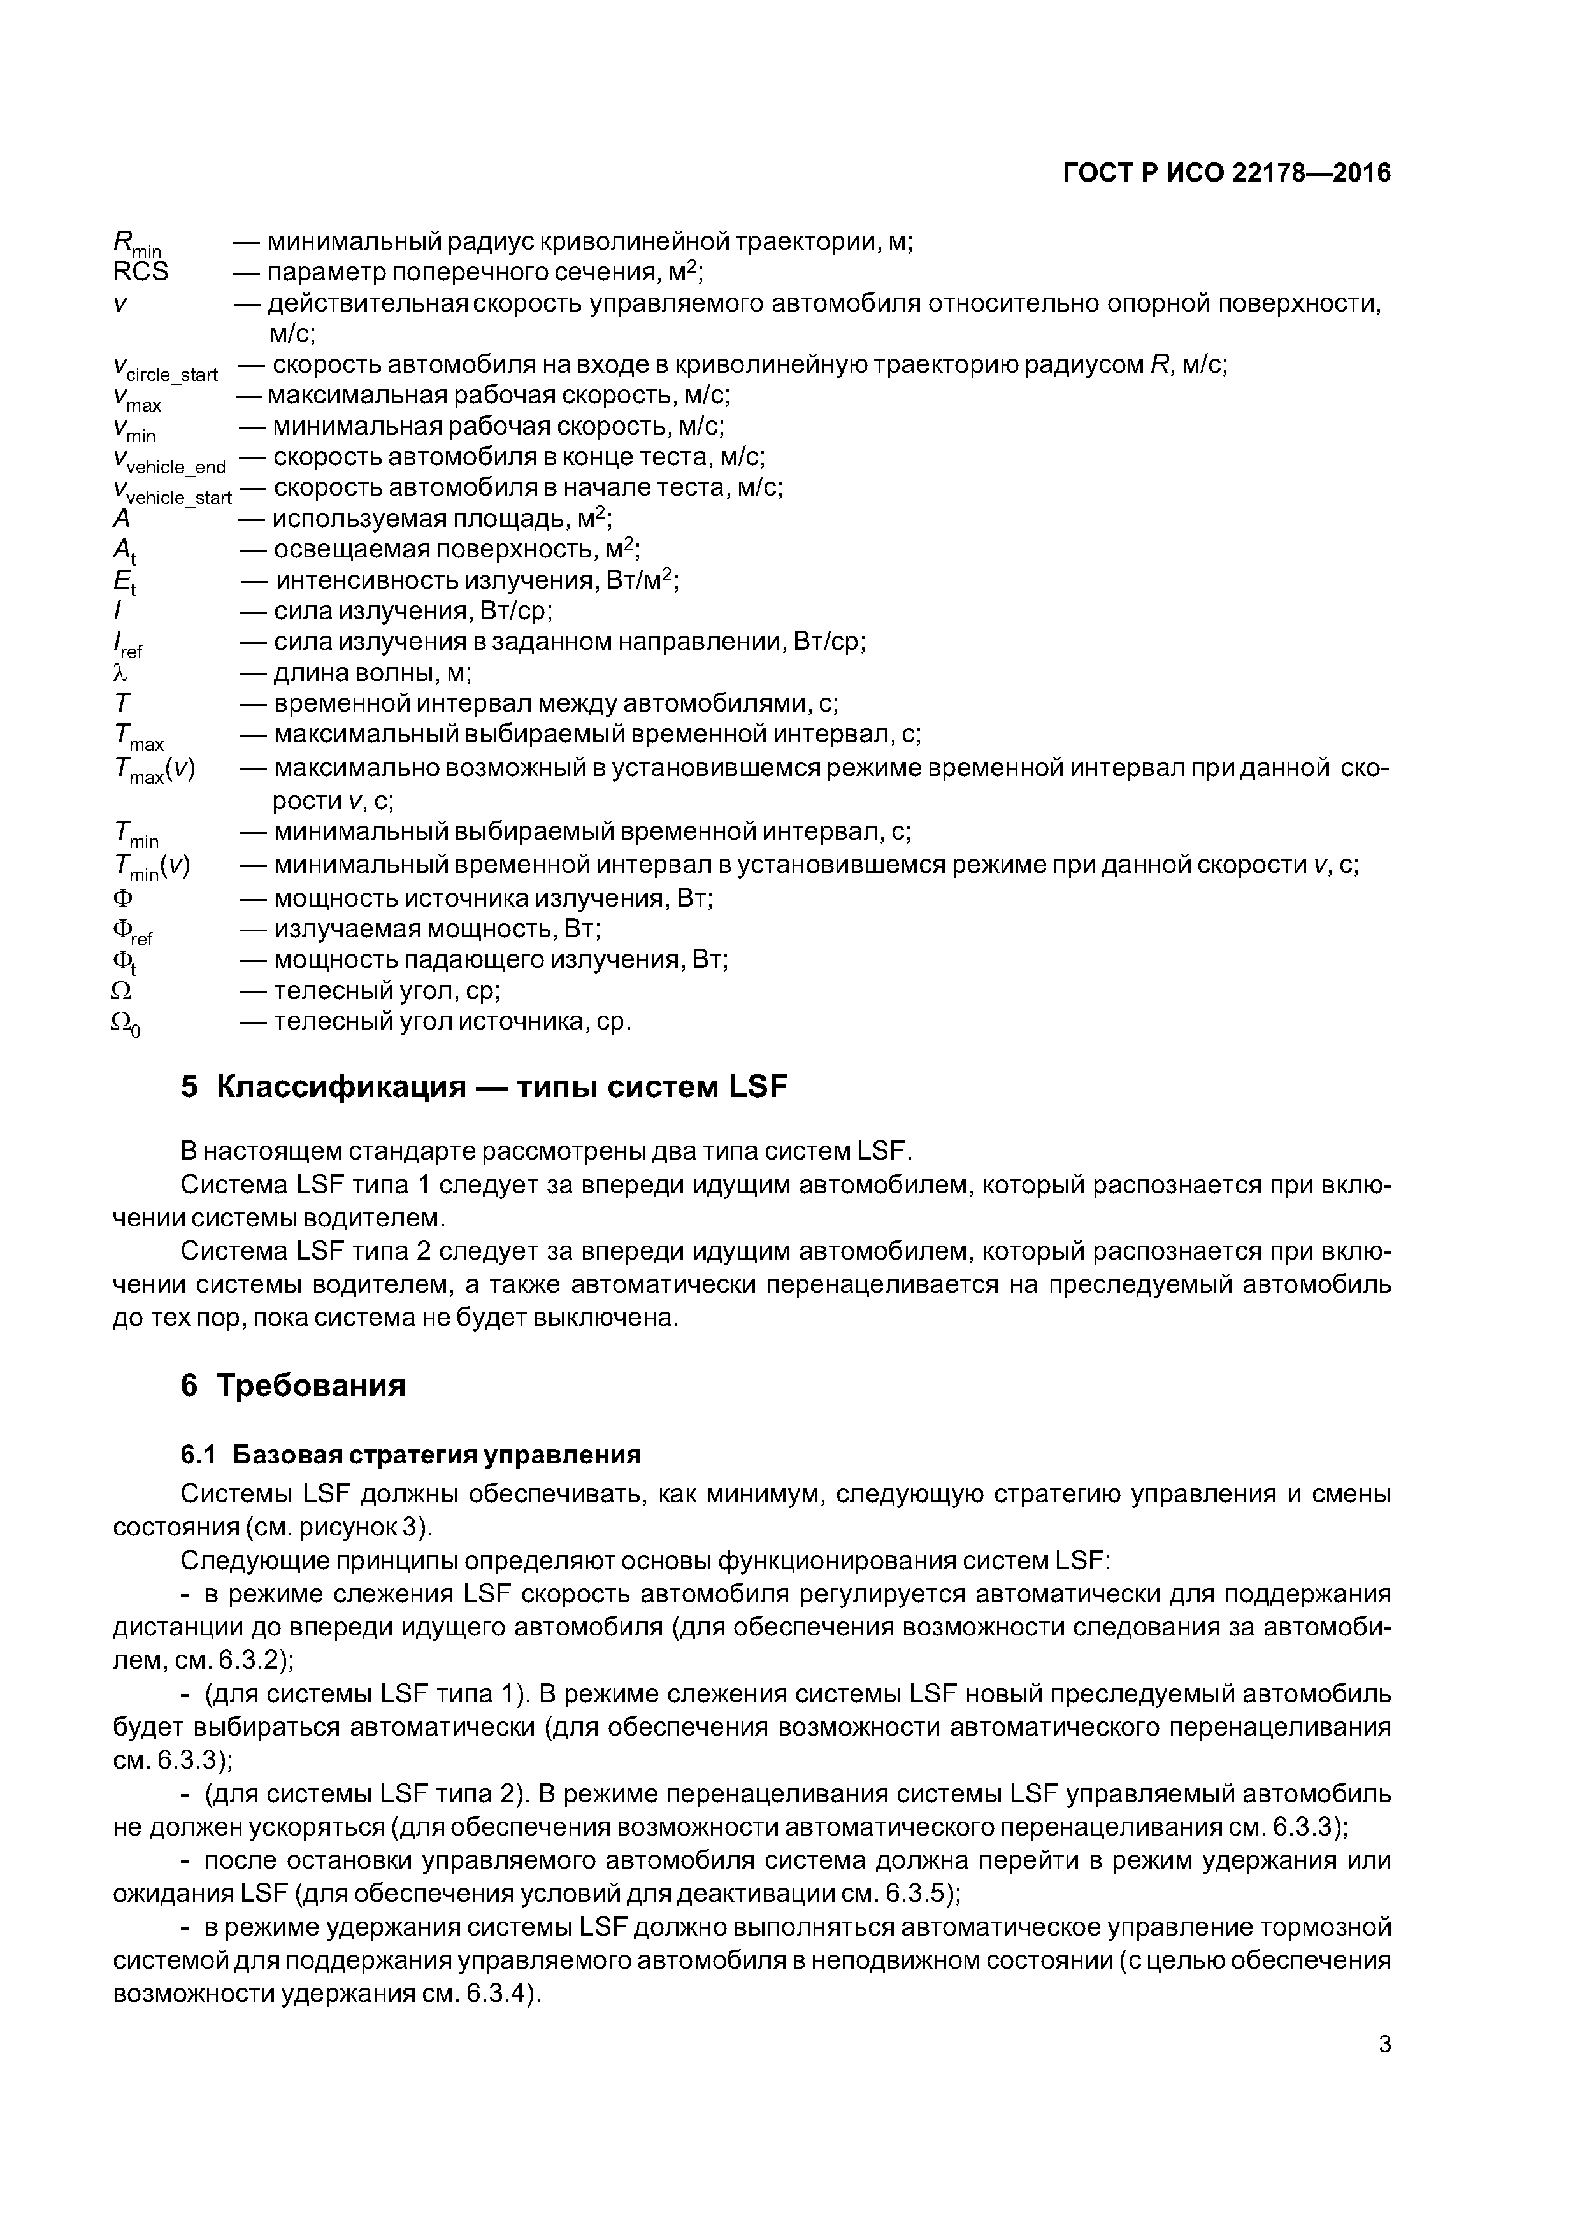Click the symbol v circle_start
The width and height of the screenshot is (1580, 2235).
point(164,368)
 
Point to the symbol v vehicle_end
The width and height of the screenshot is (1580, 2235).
point(168,461)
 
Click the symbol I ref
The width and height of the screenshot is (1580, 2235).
point(127,643)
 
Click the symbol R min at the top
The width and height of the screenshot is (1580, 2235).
point(137,242)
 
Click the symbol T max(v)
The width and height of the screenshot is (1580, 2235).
point(154,770)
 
